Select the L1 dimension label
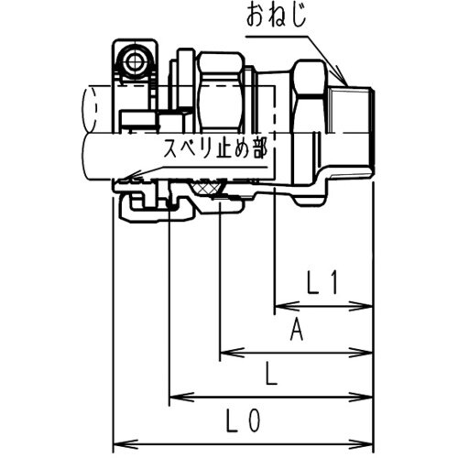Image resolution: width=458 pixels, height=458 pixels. pos(323,286)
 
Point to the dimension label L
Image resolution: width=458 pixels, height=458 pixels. pos(268,374)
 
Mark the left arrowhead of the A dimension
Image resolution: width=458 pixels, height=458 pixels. pos(224,351)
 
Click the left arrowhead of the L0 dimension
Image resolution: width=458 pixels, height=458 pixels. pos(117,441)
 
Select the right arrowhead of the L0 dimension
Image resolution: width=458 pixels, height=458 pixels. pos(367,441)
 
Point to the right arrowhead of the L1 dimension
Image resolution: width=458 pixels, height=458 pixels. pos(367,305)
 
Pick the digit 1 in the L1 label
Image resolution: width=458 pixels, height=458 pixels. pos(335,286)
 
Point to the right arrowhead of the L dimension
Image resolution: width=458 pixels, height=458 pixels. pos(367,397)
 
